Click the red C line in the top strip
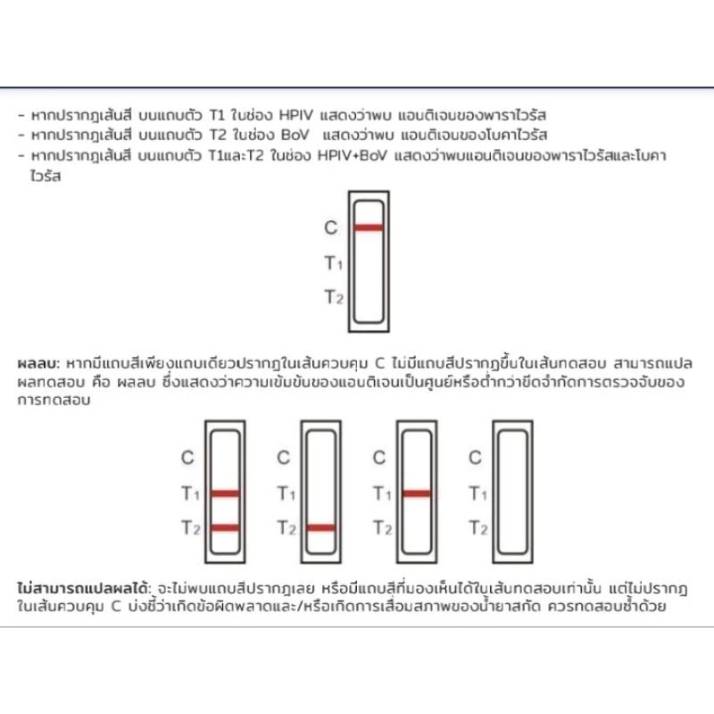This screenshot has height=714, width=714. coord(369,228)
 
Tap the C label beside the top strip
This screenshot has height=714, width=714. coord(331,228)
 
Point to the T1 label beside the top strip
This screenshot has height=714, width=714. coord(333,262)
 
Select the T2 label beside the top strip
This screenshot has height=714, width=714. coord(334,297)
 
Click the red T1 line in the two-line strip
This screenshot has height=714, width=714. coord(225,494)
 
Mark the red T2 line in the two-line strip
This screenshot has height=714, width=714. coord(225,527)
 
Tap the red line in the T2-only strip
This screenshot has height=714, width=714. coord(320,527)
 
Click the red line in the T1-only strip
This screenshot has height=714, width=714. coord(417,494)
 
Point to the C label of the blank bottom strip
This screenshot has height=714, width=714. coord(475,457)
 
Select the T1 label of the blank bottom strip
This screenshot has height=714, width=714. coord(477,494)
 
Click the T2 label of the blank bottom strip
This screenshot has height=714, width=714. coord(478,527)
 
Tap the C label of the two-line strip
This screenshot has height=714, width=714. coord(187,457)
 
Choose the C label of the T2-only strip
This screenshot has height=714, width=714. coord(283,457)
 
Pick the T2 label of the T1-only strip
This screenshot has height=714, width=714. coord(383,527)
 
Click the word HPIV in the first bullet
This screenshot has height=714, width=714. coord(296,115)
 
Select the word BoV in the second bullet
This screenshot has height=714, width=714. coord(295,135)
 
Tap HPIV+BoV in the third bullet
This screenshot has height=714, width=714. coord(352,155)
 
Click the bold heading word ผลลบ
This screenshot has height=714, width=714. coord(38,363)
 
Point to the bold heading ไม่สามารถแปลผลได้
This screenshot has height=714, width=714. coord(83,588)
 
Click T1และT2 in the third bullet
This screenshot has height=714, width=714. coord(236,155)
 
